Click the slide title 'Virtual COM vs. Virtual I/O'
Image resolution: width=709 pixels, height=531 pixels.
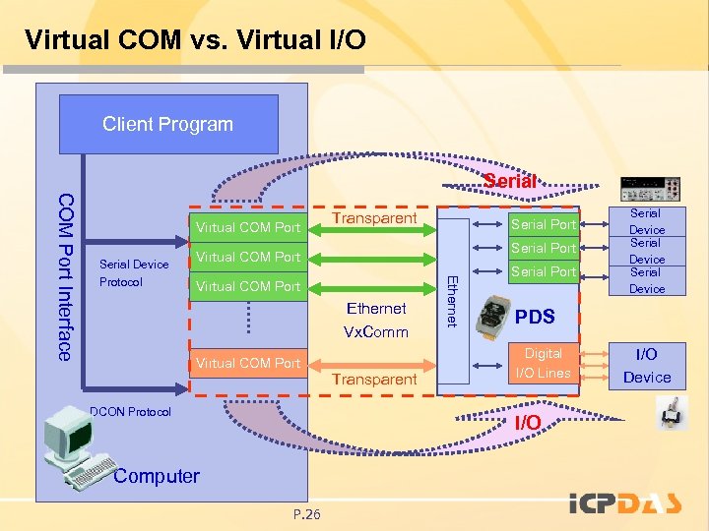[195, 40]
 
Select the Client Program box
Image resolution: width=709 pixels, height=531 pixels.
[168, 124]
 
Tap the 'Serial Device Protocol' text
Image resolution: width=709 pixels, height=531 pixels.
[134, 272]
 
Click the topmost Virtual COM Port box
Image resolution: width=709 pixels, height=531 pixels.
[247, 228]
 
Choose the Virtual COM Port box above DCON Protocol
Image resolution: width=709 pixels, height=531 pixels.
[247, 363]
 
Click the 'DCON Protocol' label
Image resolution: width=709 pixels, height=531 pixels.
[130, 412]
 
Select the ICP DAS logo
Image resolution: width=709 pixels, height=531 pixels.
[624, 503]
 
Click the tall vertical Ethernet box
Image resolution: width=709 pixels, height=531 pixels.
[452, 300]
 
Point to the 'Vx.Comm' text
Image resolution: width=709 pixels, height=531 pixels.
[375, 332]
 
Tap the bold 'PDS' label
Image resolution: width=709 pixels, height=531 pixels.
[535, 317]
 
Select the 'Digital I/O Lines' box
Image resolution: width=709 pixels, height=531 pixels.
[543, 362]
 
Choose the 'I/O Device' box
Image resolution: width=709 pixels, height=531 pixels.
[647, 365]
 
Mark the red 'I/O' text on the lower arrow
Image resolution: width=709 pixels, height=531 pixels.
[528, 422]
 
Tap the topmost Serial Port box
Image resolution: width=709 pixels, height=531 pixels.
[543, 224]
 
